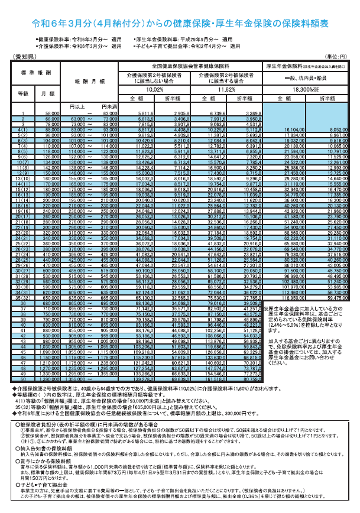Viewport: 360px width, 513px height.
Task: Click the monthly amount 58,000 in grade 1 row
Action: [x=51, y=112]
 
